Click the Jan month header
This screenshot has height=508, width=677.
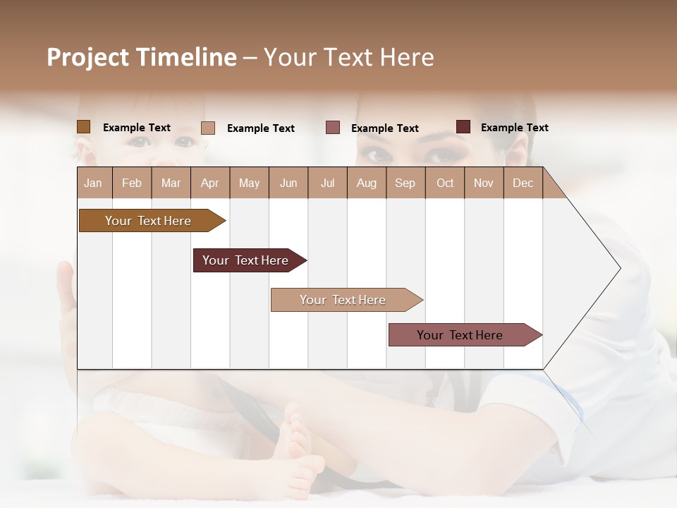point(94,183)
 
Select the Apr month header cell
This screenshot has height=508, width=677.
point(210,183)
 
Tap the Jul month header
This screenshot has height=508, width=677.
point(327,183)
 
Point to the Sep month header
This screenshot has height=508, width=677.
point(405,183)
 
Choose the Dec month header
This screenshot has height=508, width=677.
point(523,183)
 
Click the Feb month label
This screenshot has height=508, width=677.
point(132,183)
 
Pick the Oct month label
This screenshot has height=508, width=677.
point(445,183)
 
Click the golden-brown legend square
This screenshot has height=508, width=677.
point(84,127)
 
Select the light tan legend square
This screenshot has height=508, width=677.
point(208,128)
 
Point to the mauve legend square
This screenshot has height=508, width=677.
point(333,128)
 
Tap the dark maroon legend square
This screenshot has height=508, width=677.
point(463,127)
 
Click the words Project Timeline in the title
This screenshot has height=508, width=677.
point(141,57)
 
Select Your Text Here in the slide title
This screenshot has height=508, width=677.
point(348,57)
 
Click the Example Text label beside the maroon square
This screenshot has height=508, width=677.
point(514,128)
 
